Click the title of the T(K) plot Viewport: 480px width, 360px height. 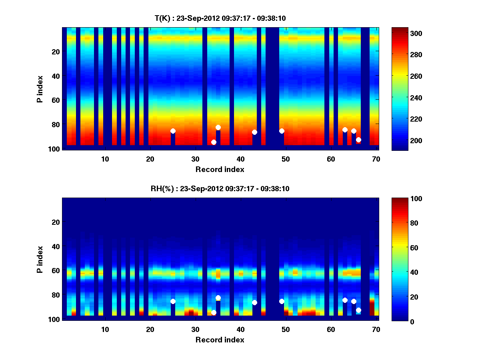click(x=220, y=18)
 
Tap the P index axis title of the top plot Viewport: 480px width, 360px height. click(x=40, y=89)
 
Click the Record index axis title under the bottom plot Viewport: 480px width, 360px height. click(x=220, y=340)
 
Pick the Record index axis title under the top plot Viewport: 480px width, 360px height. click(x=220, y=169)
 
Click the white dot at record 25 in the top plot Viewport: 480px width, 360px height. click(x=173, y=131)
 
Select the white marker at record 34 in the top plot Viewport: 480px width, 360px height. click(x=214, y=142)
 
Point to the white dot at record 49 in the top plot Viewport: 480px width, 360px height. click(x=282, y=131)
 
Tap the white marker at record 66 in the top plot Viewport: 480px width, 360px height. click(x=358, y=140)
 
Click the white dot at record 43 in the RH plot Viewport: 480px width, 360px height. click(x=254, y=302)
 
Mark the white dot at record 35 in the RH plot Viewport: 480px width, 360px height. click(x=218, y=298)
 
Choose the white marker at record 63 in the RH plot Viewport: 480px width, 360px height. click(x=345, y=300)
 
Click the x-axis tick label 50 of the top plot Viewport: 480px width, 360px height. click(x=286, y=159)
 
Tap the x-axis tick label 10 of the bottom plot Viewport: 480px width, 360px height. click(x=105, y=329)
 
